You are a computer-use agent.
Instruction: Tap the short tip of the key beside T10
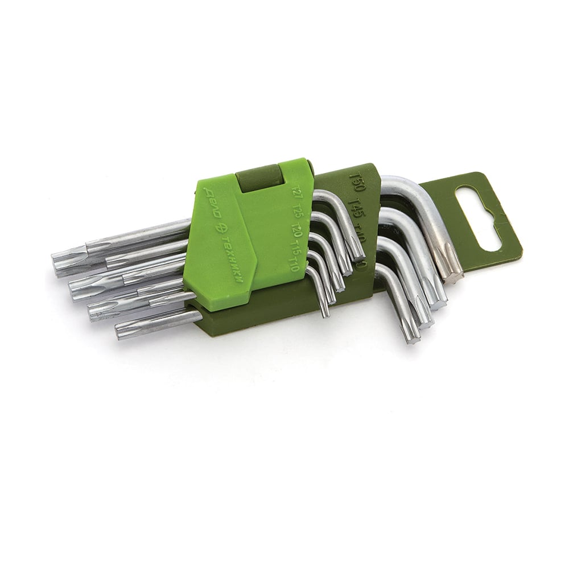point(324,307)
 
